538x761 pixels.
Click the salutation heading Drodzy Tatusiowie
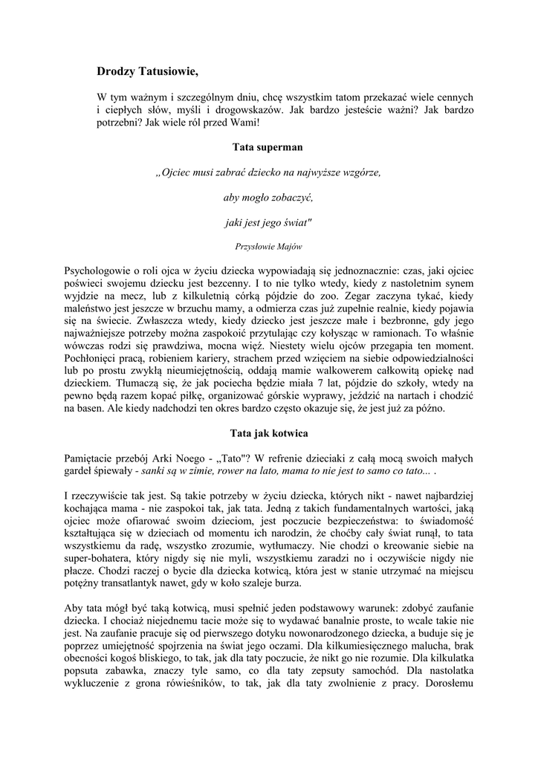click(148, 72)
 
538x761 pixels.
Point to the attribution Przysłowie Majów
click(268, 245)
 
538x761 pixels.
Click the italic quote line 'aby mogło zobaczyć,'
click(268, 198)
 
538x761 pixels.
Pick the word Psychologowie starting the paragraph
click(100, 270)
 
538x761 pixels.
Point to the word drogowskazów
click(247, 109)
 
